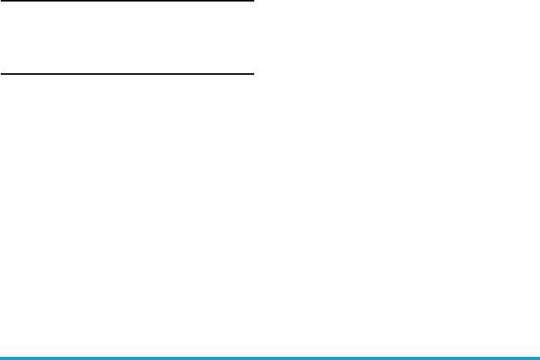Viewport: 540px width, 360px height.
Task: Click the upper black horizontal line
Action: (127, 1)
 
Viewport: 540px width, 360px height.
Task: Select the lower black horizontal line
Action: (127, 74)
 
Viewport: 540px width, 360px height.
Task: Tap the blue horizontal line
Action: (270, 358)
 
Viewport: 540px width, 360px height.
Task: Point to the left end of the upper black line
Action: (1, 1)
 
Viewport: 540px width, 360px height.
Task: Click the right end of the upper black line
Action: (253, 1)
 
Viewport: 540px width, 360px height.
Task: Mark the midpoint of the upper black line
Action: (127, 1)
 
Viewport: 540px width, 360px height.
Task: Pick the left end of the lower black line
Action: (1, 74)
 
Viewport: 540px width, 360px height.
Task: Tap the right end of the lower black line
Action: (253, 74)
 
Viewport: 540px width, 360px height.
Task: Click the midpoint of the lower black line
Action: (127, 74)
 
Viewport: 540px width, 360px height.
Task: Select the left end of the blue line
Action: (1, 358)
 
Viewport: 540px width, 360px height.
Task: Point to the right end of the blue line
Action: (538, 358)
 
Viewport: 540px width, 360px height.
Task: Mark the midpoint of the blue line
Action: (270, 358)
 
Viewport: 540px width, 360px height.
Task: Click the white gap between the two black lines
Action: (127, 37)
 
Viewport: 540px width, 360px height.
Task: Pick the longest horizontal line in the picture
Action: (270, 358)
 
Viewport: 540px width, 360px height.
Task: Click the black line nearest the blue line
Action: (127, 74)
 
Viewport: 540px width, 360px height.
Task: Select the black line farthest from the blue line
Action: (127, 1)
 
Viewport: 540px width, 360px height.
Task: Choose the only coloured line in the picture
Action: (270, 358)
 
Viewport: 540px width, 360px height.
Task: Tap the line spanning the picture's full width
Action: (270, 358)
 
